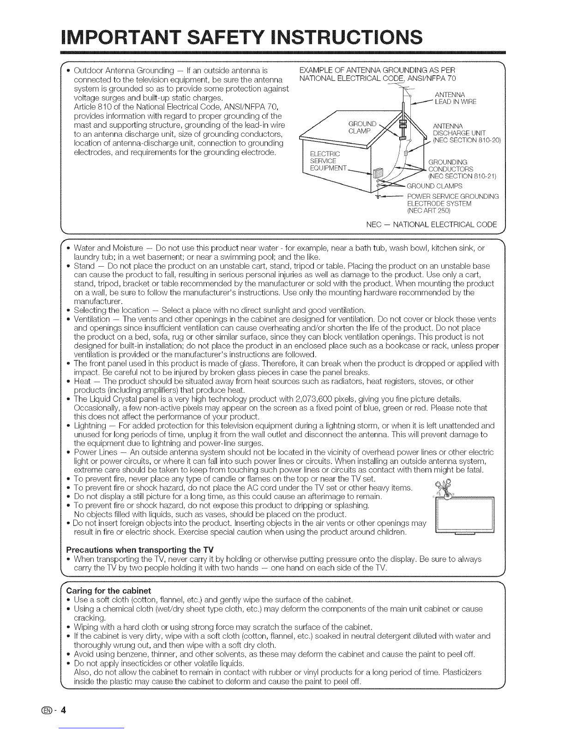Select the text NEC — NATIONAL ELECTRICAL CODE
point(432,225)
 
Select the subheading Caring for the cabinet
point(109,591)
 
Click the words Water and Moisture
point(101,248)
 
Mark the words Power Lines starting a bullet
point(92,451)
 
